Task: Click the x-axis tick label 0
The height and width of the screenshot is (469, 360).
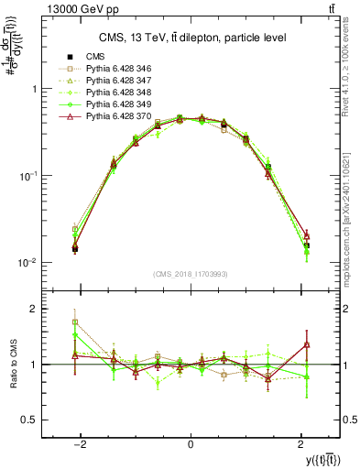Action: pyautogui.click(x=190, y=444)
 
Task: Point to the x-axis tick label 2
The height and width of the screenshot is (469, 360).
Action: pyautogui.click(x=300, y=444)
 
